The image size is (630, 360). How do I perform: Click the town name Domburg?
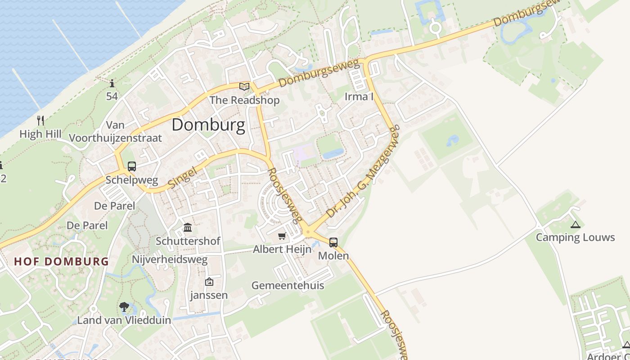tap(208, 125)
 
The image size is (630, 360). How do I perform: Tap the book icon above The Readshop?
tap(244, 86)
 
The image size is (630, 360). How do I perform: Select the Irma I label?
tap(359, 96)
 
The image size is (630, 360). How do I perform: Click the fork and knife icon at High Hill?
tap(40, 120)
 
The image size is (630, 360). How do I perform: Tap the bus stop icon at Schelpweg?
tap(132, 166)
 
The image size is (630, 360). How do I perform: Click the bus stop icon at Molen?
tap(333, 243)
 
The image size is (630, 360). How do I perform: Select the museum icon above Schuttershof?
tap(188, 227)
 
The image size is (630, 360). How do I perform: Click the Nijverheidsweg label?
tap(170, 260)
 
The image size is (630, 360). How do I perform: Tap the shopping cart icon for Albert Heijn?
tap(282, 236)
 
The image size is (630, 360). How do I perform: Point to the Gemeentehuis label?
tap(288, 285)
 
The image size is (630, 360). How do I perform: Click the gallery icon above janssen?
tap(209, 282)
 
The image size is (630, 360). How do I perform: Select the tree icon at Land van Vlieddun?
tap(124, 307)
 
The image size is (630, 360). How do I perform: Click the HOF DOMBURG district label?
tap(62, 261)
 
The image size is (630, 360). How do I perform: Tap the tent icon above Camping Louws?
tap(575, 224)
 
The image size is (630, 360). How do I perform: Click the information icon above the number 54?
tap(112, 83)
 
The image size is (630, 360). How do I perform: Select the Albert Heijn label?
tap(282, 249)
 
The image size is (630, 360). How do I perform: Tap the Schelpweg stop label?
tap(132, 180)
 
